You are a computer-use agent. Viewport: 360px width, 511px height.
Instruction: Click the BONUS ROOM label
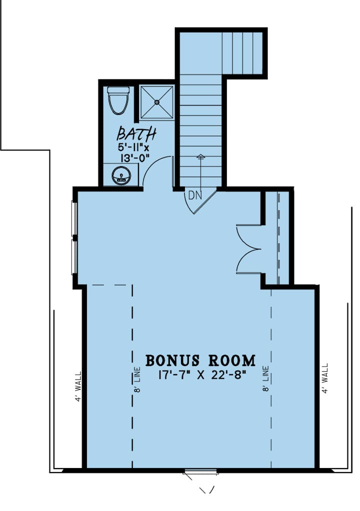(x=200, y=360)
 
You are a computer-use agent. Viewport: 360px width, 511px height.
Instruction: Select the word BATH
(x=136, y=134)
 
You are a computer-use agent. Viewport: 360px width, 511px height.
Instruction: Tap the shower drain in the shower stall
(x=157, y=102)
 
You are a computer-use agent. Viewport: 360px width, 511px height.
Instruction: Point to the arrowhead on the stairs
(x=201, y=157)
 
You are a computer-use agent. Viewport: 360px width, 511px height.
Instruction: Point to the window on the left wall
(x=75, y=237)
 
